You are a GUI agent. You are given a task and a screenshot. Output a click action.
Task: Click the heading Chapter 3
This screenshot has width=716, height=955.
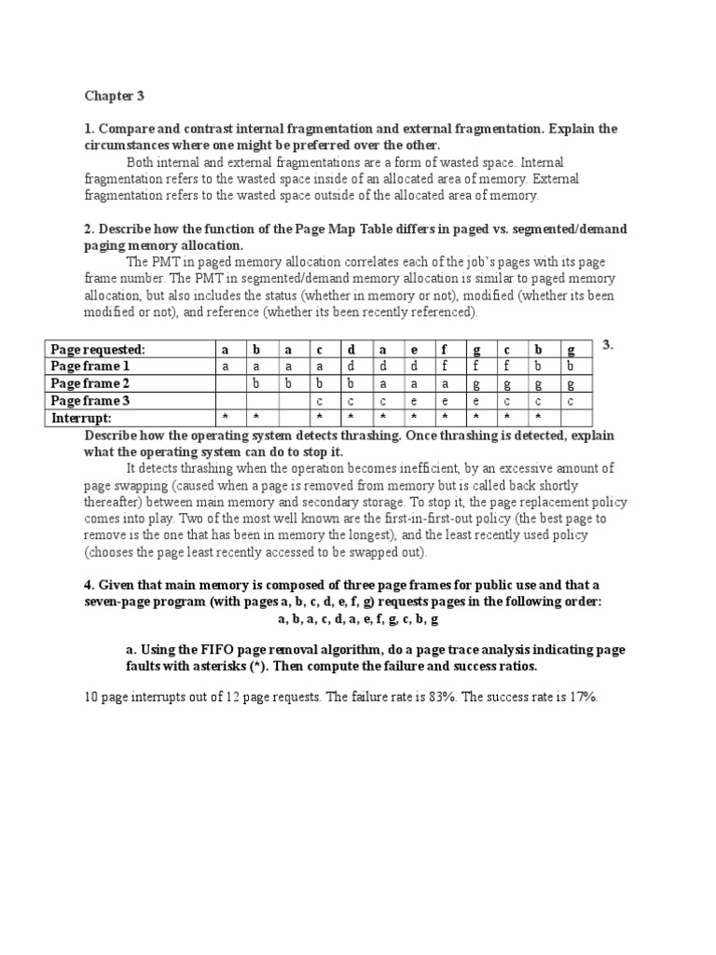point(115,95)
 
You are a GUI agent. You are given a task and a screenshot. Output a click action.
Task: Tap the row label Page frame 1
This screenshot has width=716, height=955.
point(90,367)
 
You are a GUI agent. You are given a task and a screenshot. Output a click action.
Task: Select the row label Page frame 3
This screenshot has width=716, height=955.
point(90,401)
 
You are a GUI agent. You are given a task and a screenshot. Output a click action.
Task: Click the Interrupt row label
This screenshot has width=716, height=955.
point(81,418)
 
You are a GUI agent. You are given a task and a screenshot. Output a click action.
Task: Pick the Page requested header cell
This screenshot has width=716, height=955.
point(98,350)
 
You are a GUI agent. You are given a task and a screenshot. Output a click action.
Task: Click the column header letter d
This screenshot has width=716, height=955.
point(351,350)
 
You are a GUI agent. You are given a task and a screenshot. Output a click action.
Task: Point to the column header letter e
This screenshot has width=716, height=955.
point(414,350)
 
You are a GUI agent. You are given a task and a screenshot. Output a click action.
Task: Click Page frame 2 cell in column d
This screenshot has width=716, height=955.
point(351,384)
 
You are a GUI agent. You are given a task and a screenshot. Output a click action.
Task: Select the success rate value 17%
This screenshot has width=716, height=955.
point(580,697)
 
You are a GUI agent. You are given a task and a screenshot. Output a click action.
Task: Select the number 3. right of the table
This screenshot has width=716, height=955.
point(607,345)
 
